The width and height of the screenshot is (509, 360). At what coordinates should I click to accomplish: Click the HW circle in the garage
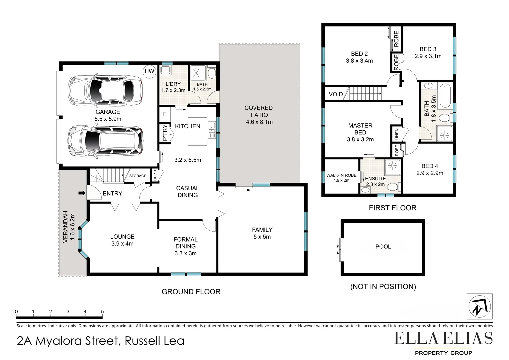tap(149, 71)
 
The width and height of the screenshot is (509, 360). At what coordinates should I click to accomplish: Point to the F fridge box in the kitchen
tap(165, 114)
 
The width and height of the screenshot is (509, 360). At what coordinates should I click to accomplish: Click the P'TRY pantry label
tap(165, 133)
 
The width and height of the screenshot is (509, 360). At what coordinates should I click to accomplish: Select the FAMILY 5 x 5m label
tap(262, 233)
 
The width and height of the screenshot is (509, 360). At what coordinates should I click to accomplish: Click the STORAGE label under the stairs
tap(138, 176)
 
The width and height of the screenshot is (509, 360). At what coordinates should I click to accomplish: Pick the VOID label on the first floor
tap(335, 94)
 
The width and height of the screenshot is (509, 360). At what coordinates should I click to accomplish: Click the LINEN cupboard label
tap(397, 134)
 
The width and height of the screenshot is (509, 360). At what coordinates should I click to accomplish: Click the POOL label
tap(383, 247)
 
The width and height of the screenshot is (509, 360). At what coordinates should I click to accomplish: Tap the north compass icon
tap(479, 306)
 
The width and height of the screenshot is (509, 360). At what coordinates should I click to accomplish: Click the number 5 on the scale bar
tap(102, 312)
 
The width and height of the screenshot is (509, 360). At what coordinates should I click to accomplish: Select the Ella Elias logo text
tap(443, 338)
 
